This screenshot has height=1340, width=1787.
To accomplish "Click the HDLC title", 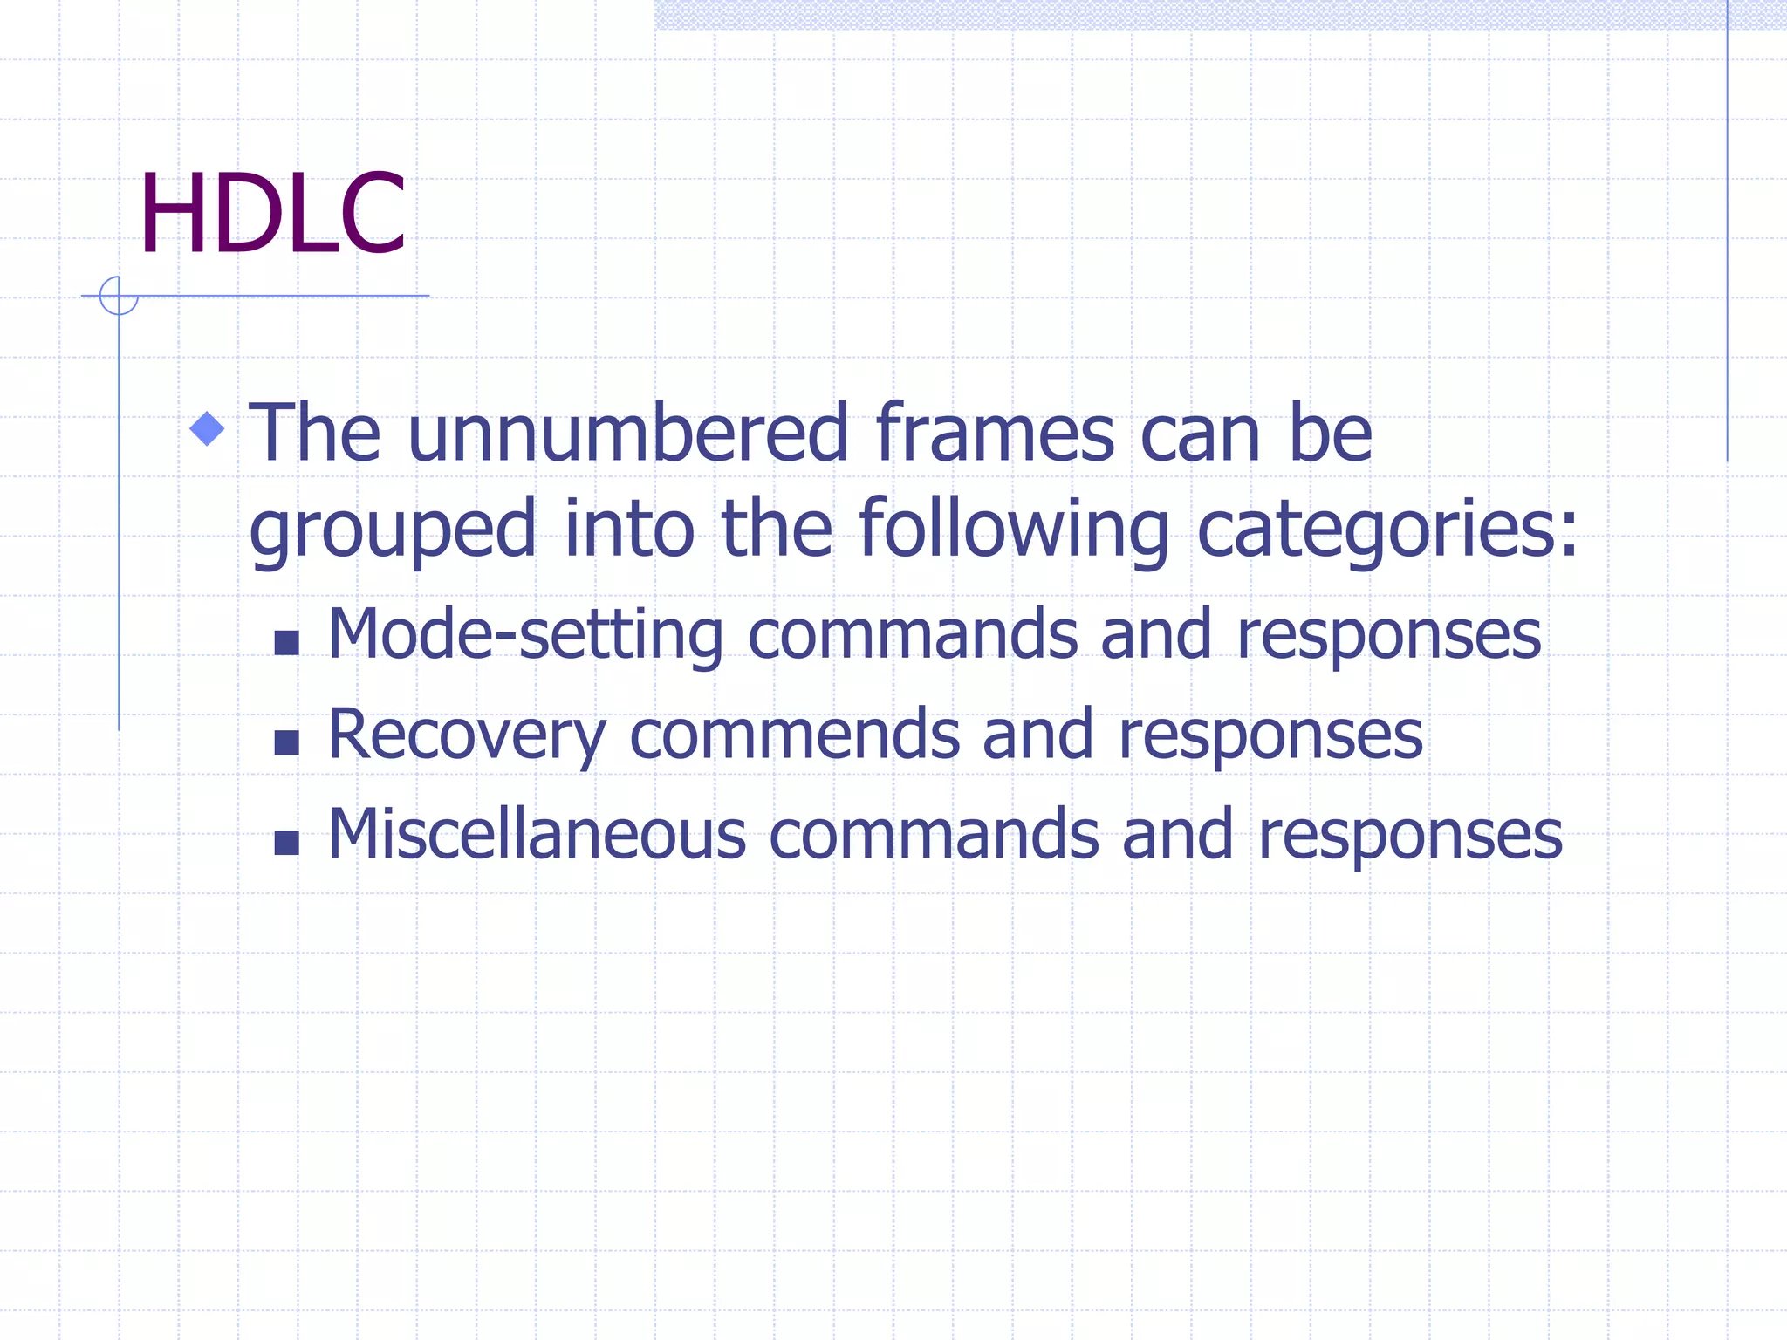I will [272, 214].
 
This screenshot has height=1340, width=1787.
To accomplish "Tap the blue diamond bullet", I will [208, 428].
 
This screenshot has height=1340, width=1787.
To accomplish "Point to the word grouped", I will [393, 530].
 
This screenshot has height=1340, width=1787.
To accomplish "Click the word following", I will [1014, 529].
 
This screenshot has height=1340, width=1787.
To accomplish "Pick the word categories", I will [1387, 530].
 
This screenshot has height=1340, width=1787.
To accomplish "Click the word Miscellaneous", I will [537, 834].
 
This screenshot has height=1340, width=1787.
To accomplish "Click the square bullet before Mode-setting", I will [286, 643].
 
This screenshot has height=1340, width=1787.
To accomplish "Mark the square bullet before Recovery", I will [286, 742].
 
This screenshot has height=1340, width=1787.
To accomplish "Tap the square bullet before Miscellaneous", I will [286, 843].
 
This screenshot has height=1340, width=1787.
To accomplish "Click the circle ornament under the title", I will [119, 296].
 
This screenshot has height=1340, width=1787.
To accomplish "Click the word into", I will [629, 529].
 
